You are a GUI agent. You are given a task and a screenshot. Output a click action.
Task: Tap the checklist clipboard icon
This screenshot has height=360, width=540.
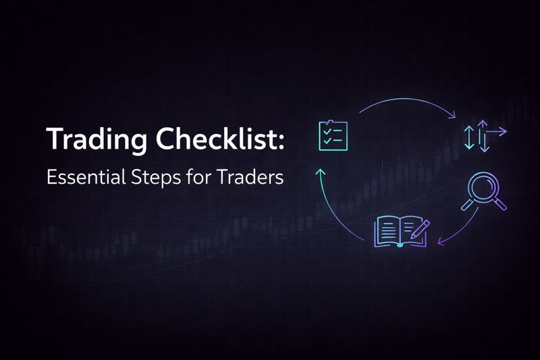(x=333, y=135)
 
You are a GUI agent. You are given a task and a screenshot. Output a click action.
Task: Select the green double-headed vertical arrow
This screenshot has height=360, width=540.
(x=470, y=137)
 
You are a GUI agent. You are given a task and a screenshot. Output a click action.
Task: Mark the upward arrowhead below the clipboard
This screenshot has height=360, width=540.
(x=321, y=173)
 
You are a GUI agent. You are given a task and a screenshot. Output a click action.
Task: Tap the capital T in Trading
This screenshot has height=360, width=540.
(x=54, y=140)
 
